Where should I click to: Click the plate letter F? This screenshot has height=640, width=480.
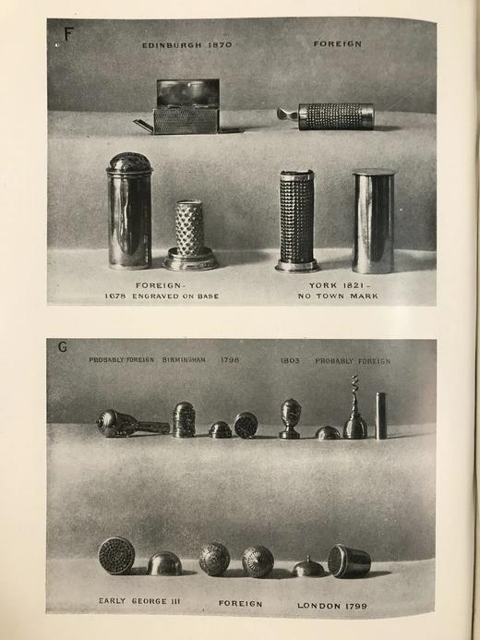click(x=67, y=35)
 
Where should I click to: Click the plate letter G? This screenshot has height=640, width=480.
click(x=64, y=348)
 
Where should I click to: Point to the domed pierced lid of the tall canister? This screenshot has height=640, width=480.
click(x=129, y=163)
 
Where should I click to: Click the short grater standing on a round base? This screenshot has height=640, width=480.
click(x=190, y=237)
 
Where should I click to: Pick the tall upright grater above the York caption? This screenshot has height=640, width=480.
click(x=297, y=221)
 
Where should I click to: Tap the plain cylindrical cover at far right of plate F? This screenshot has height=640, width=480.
click(x=373, y=220)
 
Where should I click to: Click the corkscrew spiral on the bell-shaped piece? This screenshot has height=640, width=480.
click(x=354, y=393)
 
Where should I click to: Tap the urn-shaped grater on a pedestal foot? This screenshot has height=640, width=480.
click(x=290, y=417)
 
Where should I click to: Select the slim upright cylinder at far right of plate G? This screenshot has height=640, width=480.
click(x=380, y=416)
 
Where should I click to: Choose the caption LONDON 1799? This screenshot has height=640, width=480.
click(x=332, y=604)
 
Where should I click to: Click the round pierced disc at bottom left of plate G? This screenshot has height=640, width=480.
click(x=116, y=555)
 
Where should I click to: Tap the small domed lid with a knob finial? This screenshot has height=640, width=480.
click(x=307, y=567)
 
